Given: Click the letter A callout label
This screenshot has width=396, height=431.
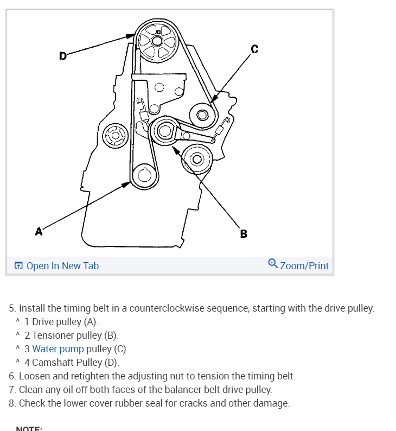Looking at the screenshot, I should [39, 232].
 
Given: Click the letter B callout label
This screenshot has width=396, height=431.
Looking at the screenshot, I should [244, 234].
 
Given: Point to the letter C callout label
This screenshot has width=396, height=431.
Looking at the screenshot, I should [254, 49].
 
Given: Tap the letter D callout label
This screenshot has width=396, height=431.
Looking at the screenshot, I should [63, 55].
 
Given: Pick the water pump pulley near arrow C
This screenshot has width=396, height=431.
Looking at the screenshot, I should [203, 115].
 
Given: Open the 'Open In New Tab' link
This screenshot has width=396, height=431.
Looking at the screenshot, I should [56, 266].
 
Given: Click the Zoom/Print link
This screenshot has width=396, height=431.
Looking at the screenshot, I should [304, 266].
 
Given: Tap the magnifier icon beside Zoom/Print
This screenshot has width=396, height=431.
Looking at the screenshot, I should [273, 264].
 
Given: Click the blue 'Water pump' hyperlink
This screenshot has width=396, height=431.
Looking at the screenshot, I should [58, 349].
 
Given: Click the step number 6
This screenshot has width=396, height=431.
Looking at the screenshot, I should [11, 376].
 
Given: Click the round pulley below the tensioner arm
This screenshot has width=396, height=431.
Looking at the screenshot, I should [196, 159].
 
